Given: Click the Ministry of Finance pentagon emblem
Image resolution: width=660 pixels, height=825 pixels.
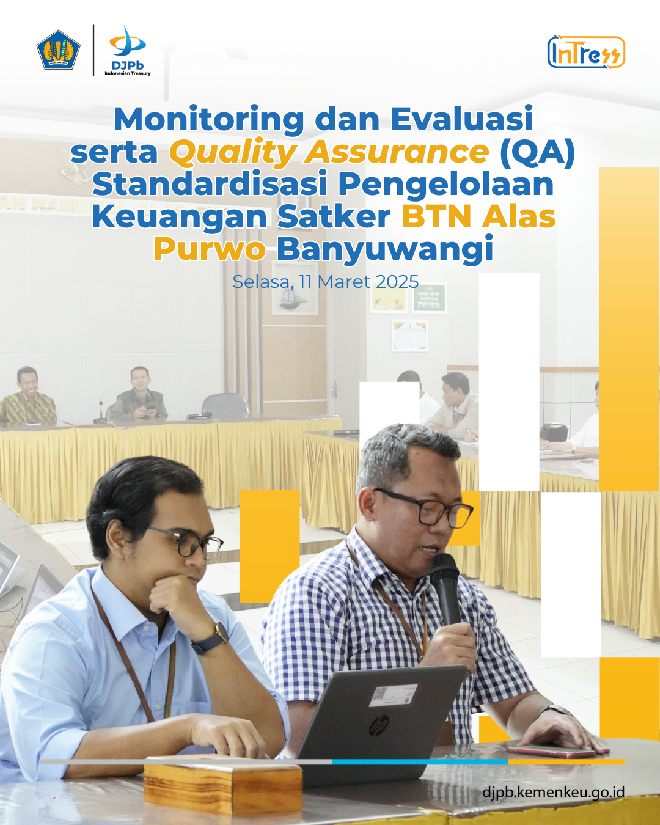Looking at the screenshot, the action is coord(58,50).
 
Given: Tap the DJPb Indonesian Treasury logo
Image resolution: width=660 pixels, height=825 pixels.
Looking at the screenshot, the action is coord(128,51).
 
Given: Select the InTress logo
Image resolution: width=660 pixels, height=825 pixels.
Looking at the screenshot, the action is coord(587,52).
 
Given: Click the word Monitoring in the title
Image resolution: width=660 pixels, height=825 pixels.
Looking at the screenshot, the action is coord(209,120).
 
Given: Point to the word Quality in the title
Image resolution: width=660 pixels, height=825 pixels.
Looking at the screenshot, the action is coord(232,153).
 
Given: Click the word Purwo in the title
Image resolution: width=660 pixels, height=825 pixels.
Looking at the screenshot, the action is coord(210,249).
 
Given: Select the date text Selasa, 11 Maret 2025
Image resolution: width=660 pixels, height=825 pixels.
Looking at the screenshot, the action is coord(326,282).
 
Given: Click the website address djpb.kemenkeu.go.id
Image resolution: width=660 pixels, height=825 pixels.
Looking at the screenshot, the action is coord(554,792).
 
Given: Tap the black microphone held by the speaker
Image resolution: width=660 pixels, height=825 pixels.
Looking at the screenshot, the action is coord(446,589).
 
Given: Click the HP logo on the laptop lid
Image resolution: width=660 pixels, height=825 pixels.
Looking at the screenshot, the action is coord(379,725).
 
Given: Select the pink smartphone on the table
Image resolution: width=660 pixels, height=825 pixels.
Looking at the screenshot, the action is coord(551,752).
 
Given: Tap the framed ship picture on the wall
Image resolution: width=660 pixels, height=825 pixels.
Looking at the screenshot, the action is coord(295,287).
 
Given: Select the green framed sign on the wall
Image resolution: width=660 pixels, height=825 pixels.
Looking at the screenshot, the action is coord(429,298).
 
